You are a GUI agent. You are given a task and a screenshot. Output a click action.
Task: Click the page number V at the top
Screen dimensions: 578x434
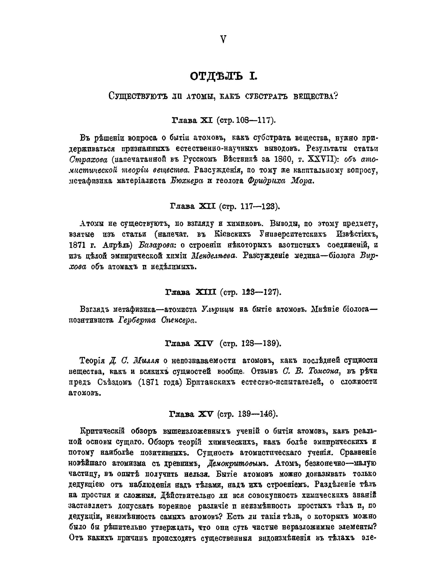pyautogui.click(x=223, y=40)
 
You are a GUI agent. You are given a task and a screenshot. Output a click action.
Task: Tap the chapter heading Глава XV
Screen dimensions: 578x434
pyautogui.click(x=191, y=414)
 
